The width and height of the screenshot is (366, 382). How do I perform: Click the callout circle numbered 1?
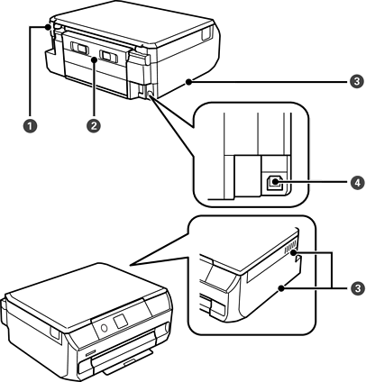tap(30, 125)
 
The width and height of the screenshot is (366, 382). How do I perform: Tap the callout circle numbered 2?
tap(94, 125)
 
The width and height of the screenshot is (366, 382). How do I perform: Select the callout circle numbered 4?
tap(357, 182)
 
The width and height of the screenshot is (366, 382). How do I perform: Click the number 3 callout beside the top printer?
tap(356, 81)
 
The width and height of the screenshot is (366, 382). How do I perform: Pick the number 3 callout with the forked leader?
tap(357, 288)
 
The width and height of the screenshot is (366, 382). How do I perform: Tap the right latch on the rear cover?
tap(108, 56)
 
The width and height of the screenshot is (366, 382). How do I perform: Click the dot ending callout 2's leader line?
tap(95, 59)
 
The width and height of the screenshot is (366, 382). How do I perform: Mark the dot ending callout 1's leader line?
tap(48, 27)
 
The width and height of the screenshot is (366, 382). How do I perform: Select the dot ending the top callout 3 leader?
tap(188, 81)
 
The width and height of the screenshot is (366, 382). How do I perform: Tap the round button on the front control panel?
tap(104, 328)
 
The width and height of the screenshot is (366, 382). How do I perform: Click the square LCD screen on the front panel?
tap(122, 321)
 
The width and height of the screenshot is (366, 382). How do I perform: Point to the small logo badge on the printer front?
tap(90, 353)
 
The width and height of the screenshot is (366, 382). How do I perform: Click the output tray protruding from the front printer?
tap(128, 363)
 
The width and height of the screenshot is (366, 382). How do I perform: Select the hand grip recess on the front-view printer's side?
tap(55, 333)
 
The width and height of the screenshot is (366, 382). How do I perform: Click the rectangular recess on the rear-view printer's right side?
tap(206, 32)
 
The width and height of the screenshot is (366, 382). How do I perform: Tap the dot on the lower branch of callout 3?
tap(281, 288)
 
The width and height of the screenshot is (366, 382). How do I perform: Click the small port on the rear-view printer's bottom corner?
tap(150, 90)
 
